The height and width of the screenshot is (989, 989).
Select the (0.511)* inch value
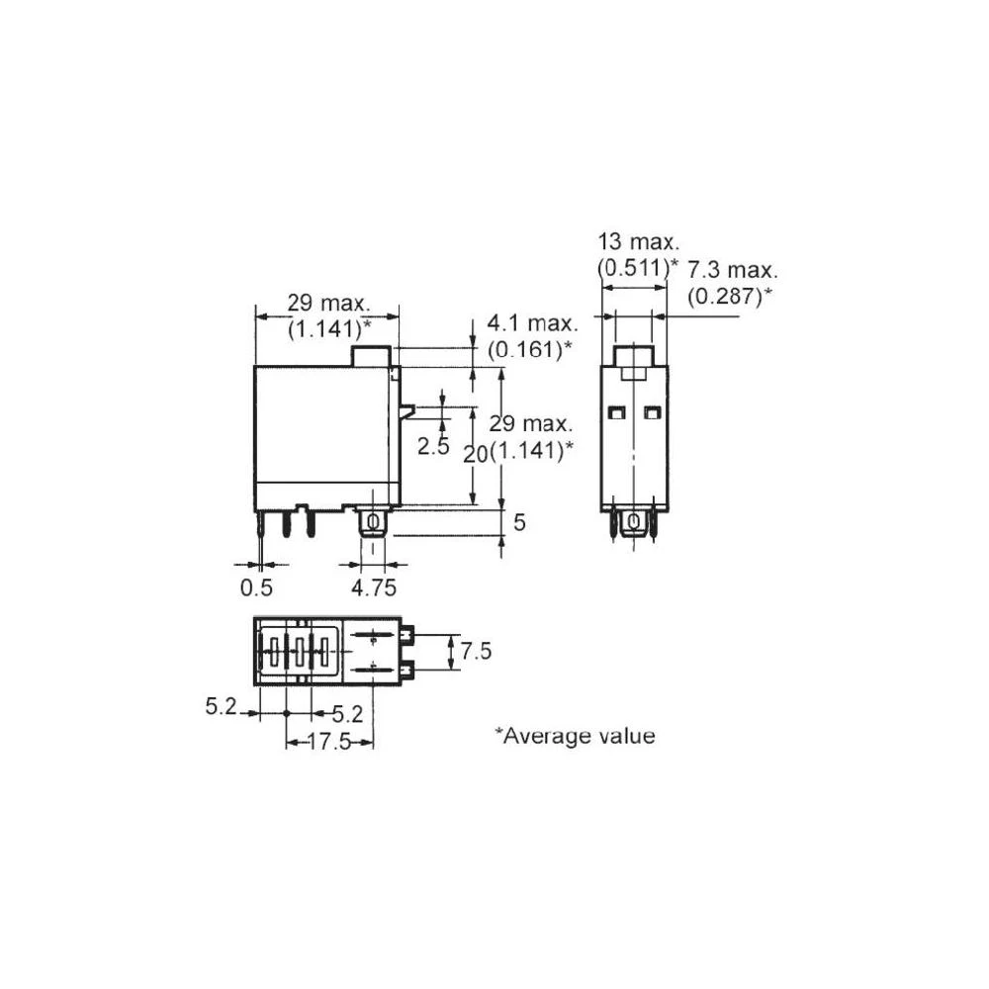coord(639,266)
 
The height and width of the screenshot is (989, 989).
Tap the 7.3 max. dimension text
coord(733,270)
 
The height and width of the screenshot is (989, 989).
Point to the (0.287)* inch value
coord(731,295)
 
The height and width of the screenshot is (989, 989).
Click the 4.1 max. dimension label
coord(529,324)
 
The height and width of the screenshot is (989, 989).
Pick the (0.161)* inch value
coord(529,349)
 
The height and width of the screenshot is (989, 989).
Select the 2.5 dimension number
coord(433,447)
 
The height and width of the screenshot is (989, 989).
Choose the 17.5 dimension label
coord(329,742)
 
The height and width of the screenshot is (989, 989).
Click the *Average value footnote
coord(575,736)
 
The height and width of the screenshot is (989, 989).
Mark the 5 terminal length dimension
coord(518,522)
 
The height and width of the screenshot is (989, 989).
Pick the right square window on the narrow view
coord(651,411)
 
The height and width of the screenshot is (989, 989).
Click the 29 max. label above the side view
coord(328,303)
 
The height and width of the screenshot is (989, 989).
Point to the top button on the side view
coord(373,356)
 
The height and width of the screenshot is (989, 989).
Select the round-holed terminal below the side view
coord(373,522)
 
